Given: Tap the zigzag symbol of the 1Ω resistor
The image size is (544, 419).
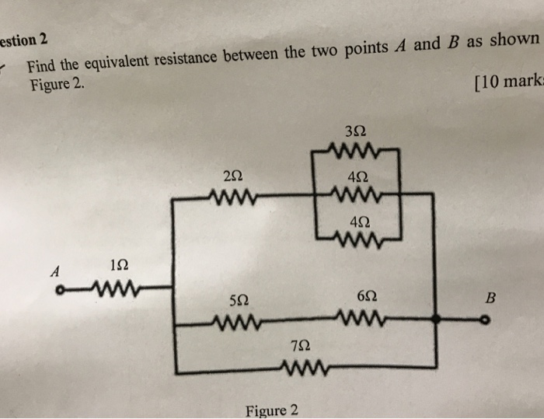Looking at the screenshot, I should [x=115, y=291].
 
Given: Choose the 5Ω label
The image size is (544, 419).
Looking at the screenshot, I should [x=239, y=299].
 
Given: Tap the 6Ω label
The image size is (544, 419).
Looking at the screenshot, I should [x=369, y=296].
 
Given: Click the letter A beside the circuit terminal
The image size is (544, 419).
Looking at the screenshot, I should [x=54, y=271].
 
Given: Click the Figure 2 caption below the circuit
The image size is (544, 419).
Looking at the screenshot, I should [x=271, y=410].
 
